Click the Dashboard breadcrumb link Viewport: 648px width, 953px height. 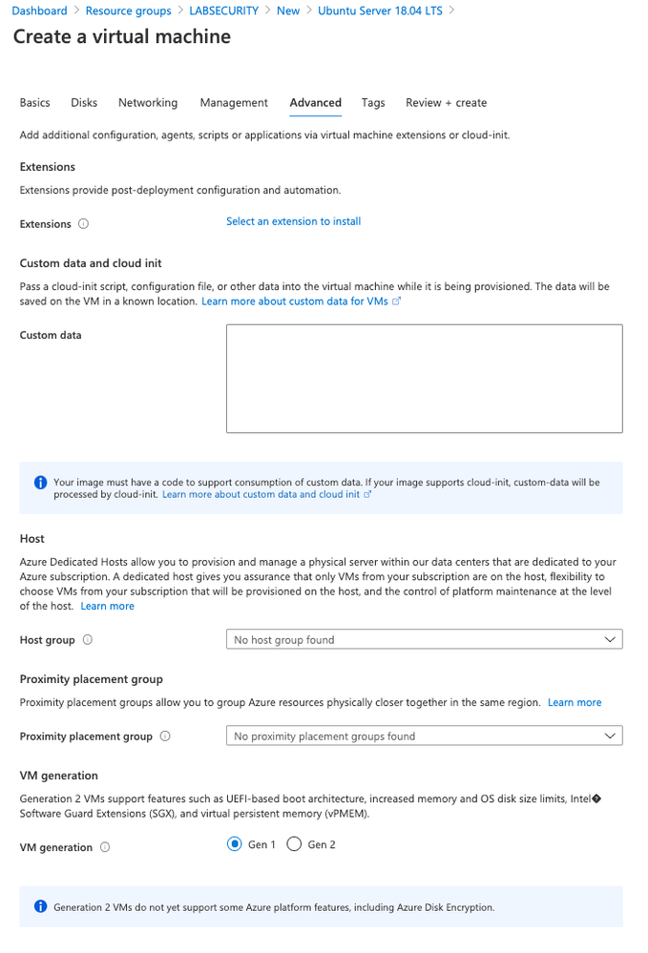(39, 10)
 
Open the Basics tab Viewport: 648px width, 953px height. (35, 103)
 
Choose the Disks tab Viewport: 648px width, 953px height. (84, 103)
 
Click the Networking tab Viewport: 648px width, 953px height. (148, 103)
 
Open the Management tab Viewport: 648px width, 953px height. (234, 103)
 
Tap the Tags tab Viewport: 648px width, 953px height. (373, 103)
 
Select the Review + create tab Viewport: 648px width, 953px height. (446, 103)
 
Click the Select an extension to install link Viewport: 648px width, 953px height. (293, 221)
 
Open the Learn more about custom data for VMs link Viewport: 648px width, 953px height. (295, 300)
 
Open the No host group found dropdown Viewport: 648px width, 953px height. (424, 640)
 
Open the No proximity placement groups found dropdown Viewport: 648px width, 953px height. (424, 736)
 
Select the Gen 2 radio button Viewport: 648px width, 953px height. (294, 844)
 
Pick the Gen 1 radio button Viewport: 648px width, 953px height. (235, 844)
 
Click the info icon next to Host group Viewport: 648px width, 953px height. (87, 640)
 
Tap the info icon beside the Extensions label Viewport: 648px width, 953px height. (83, 224)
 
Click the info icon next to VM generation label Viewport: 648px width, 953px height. (105, 847)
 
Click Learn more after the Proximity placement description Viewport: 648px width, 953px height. (575, 702)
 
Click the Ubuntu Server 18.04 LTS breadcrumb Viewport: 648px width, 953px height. (380, 10)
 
